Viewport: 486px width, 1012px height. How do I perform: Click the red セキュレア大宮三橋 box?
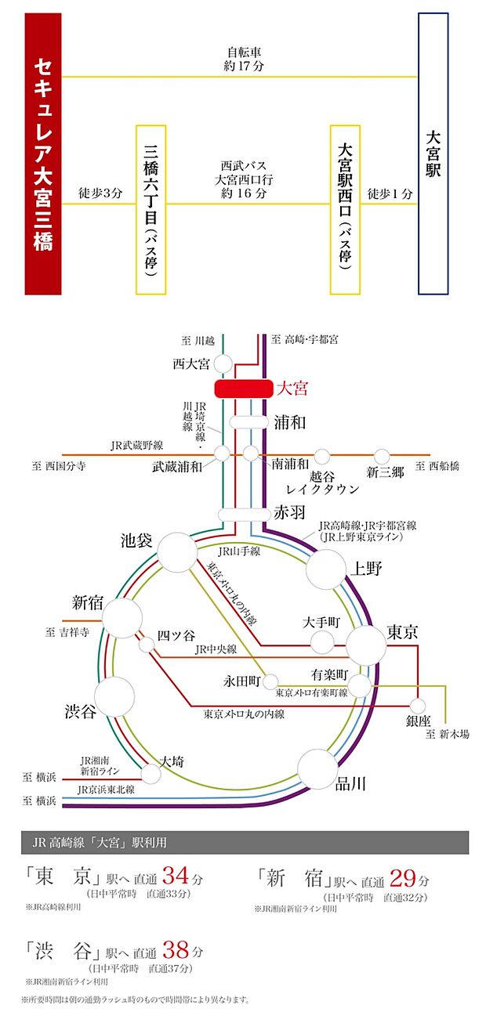43,154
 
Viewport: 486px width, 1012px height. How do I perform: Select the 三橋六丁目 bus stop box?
151,210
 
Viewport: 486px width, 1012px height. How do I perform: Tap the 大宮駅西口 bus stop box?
345,210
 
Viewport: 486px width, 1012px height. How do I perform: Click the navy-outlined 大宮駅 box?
433,154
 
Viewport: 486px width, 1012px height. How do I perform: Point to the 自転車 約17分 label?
244,60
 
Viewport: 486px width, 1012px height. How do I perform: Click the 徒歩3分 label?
100,193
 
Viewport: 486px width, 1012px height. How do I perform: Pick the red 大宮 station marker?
244,389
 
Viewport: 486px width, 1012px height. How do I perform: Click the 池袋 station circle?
177,552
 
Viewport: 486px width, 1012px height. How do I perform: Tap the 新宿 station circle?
122,618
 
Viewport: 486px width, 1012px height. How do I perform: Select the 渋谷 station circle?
114,696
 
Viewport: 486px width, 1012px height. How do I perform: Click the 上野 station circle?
326,569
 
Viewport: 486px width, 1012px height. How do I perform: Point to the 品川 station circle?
317,769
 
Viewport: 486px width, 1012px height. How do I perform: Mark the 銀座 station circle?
417,706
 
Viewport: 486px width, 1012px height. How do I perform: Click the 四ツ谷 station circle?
147,644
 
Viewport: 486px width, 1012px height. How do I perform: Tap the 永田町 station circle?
270,681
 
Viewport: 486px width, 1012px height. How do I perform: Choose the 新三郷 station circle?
382,457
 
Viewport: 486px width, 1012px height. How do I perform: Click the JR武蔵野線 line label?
137,446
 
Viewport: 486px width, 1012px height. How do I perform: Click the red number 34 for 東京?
176,875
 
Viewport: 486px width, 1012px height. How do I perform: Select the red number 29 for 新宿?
402,878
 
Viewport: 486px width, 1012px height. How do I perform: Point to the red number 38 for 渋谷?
176,949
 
